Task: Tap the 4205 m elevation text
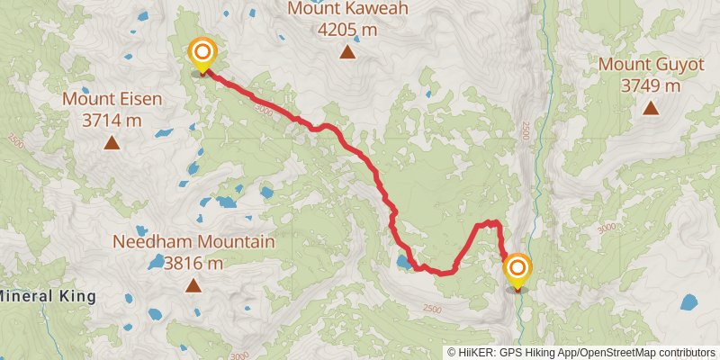point(346,29)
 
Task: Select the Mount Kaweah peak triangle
point(347,51)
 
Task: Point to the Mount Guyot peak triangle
point(650,109)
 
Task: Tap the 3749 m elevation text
point(650,86)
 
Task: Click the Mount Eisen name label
point(112,98)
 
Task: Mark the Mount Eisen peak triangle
point(112,142)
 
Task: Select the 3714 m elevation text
point(112,120)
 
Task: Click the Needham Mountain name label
point(193,242)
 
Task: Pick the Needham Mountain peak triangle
point(193,286)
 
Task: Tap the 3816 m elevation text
point(193,264)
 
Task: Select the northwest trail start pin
point(202,54)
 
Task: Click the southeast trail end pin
point(517,270)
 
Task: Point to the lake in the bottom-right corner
point(689,302)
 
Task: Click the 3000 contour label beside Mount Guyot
point(606,228)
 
